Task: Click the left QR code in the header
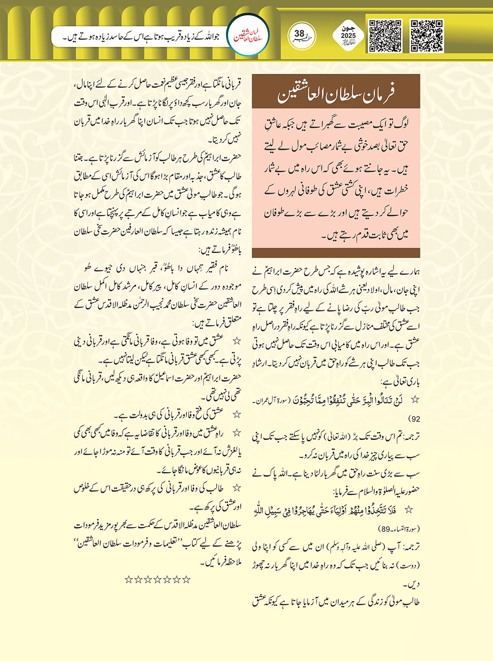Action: (385, 36)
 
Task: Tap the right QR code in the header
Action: (427, 36)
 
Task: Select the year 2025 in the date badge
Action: (348, 36)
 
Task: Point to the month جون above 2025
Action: (348, 28)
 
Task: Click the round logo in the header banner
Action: (248, 36)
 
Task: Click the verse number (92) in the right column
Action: (414, 418)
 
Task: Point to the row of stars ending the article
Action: (158, 580)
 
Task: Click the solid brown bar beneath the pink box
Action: (336, 253)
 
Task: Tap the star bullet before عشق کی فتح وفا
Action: (236, 414)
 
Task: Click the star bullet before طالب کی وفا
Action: (236, 488)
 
